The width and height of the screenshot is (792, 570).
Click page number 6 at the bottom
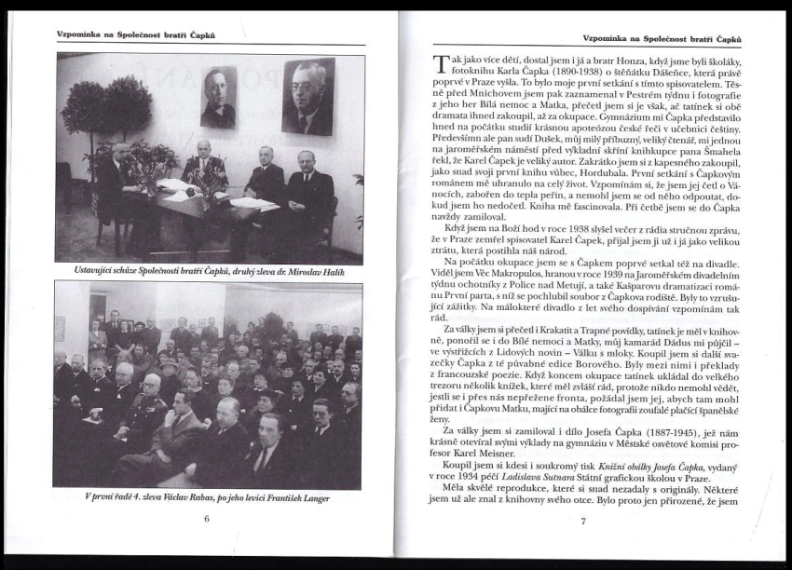(x=207, y=519)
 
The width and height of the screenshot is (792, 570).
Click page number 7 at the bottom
(x=582, y=520)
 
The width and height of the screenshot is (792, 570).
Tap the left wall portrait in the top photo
(x=218, y=97)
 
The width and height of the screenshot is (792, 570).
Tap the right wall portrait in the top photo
(x=308, y=96)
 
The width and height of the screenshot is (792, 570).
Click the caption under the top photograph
(x=209, y=271)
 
